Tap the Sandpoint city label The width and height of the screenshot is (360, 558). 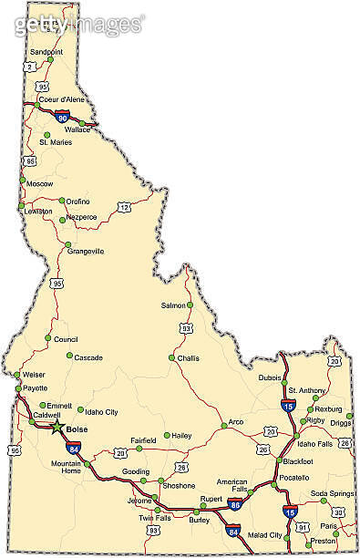click(x=46, y=52)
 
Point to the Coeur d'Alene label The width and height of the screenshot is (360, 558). click(x=61, y=99)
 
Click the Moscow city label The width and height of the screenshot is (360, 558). click(x=40, y=183)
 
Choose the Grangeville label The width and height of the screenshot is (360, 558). click(x=84, y=251)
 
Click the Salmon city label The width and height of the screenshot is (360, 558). click(x=173, y=305)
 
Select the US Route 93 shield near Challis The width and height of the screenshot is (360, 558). click(x=186, y=327)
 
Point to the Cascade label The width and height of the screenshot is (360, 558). click(x=88, y=357)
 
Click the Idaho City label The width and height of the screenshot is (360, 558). click(x=101, y=412)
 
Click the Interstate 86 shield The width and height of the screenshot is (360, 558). click(x=235, y=504)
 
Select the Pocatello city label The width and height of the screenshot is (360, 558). click(x=293, y=477)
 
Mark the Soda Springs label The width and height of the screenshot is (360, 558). click(x=331, y=493)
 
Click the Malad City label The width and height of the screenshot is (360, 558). click(x=264, y=534)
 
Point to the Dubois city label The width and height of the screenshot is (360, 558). click(x=270, y=377)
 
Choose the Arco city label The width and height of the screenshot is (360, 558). click(x=236, y=422)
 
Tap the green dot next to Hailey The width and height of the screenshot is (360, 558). click(x=167, y=435)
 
